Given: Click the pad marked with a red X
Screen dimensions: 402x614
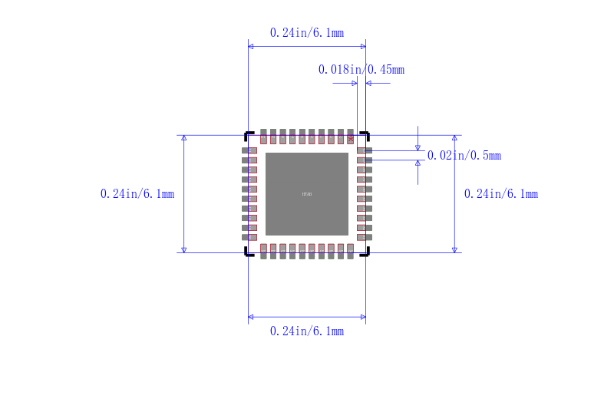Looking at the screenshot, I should click(351, 137).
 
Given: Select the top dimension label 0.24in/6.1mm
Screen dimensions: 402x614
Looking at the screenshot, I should click(306, 33).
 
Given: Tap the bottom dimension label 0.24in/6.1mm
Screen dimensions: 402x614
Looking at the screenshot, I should click(306, 331).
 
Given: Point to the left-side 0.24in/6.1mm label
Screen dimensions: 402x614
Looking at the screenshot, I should click(137, 194).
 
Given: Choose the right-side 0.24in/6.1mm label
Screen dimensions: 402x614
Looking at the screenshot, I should click(500, 194).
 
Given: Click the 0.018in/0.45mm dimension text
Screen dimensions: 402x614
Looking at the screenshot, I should click(361, 70).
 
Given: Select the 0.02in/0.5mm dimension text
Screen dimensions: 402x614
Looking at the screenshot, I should click(464, 156).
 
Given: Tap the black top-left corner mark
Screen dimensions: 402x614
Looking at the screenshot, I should click(248, 134).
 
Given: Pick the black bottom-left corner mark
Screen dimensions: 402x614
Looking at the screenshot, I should click(248, 252).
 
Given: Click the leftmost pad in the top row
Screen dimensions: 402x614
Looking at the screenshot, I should click(264, 137).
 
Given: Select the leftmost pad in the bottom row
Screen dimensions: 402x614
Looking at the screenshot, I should click(264, 251).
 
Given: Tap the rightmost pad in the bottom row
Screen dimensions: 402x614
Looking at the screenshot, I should click(350, 251).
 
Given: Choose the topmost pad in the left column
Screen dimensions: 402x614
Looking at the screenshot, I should click(249, 150).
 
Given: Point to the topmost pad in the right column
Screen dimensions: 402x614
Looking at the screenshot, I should click(364, 150).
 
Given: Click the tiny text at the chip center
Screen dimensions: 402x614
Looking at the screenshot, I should click(307, 195).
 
